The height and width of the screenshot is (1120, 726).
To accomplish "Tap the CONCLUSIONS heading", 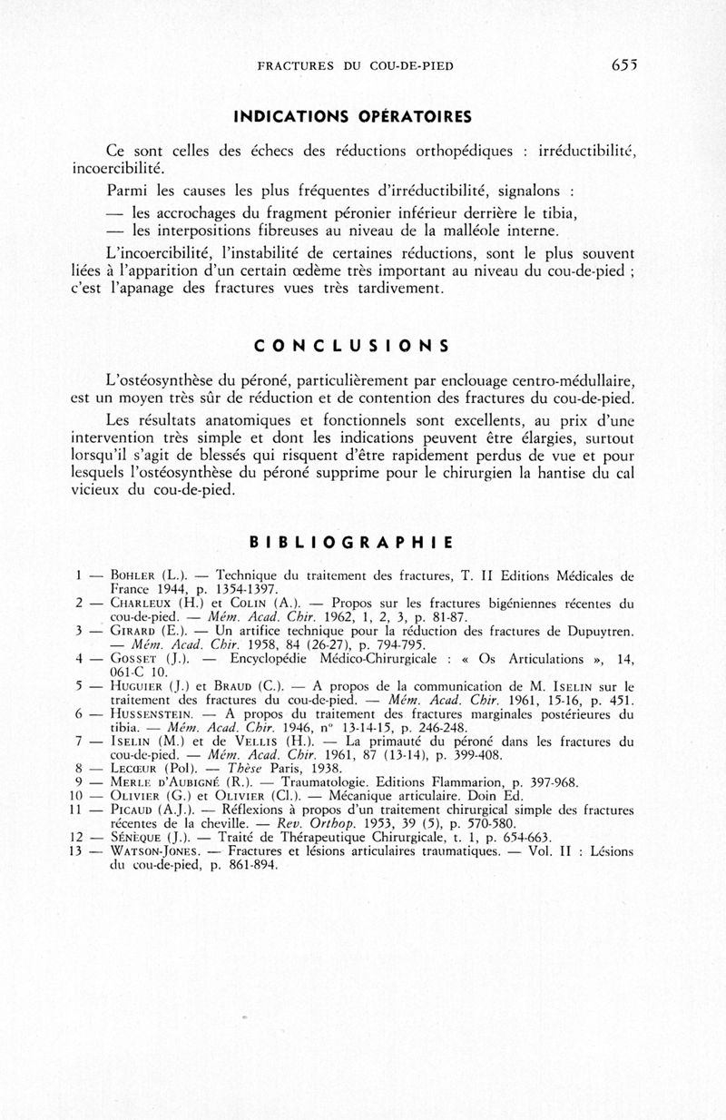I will click(351, 346).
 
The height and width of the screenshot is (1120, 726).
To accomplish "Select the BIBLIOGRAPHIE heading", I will click(351, 544).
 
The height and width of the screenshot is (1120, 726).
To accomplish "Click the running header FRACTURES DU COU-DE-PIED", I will click(356, 65).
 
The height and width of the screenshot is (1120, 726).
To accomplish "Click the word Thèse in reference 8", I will click(238, 768).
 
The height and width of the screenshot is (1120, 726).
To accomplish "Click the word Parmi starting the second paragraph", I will click(127, 192).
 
